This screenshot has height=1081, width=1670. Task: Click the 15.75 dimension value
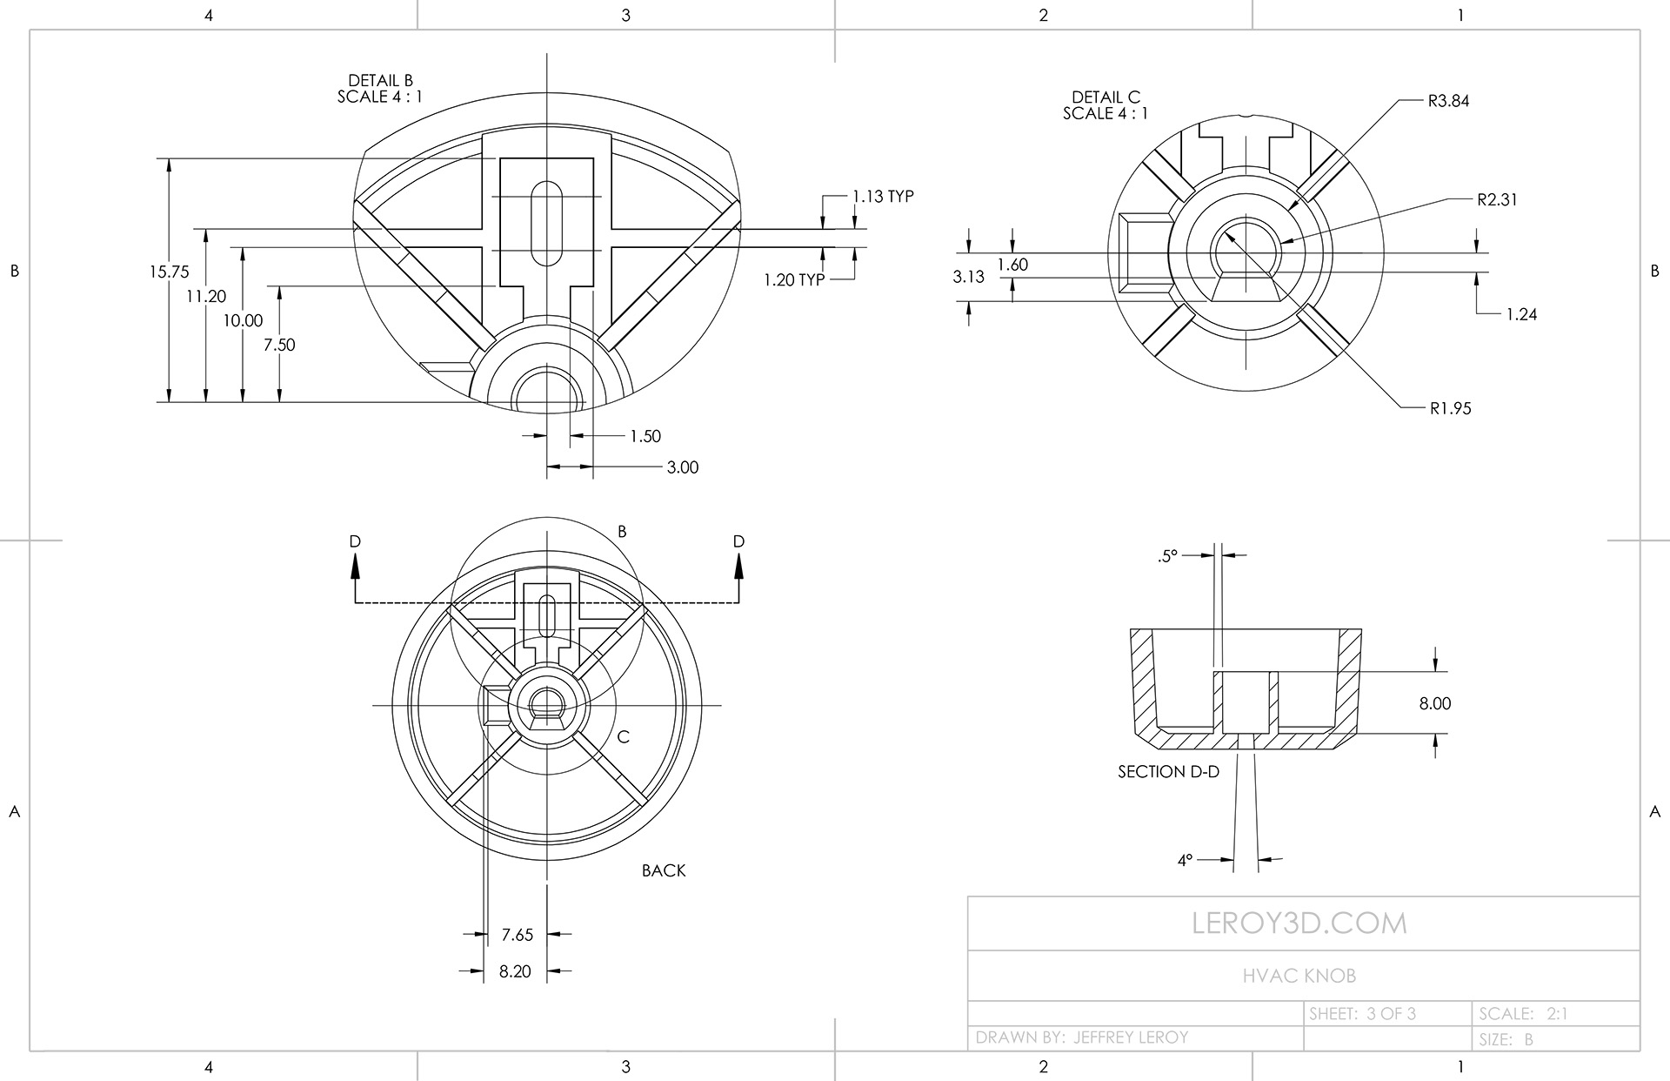point(169,272)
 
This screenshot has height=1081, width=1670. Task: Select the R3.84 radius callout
point(1448,101)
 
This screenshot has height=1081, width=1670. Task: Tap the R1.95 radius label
point(1450,408)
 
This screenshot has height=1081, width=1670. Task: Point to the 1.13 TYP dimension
point(882,197)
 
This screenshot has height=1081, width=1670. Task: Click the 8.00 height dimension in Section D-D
point(1435,703)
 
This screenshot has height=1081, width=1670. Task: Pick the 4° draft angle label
point(1185,861)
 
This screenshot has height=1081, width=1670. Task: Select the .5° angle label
point(1167,555)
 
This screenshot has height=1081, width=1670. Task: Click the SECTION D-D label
point(1168,772)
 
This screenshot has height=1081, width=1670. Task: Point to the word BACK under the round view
point(664,870)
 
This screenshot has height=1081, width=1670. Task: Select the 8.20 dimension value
point(515,971)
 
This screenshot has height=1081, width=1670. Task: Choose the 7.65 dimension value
point(518,935)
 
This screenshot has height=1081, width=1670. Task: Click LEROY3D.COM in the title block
point(1299,923)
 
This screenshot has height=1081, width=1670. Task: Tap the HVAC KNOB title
point(1299,976)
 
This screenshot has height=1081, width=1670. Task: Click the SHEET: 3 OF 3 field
point(1362,1014)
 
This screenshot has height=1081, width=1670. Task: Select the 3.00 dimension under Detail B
point(683,467)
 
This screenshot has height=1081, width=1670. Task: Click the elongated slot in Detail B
point(547,223)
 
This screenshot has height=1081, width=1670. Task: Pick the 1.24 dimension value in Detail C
point(1521,314)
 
